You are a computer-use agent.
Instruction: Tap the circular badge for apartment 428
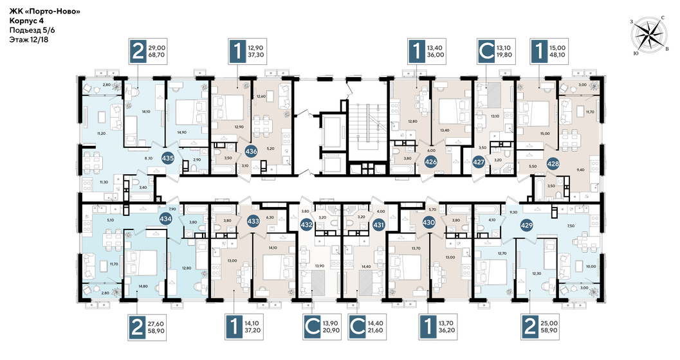pos(553,163)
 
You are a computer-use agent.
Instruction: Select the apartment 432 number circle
pos(307,224)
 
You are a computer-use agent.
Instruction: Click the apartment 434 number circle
pos(165,219)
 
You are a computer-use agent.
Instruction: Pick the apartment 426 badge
pos(431,162)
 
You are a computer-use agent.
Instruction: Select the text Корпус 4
pos(28,21)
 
